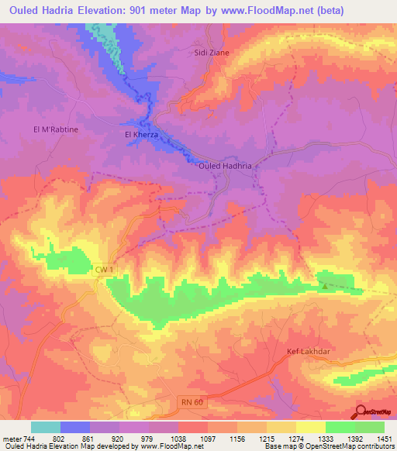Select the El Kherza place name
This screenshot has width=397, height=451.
pos(142,135)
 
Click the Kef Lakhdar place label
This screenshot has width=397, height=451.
pos(310,351)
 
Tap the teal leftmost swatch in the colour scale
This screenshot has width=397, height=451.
pos(46,427)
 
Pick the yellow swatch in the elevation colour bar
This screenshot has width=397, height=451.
pos(310,427)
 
